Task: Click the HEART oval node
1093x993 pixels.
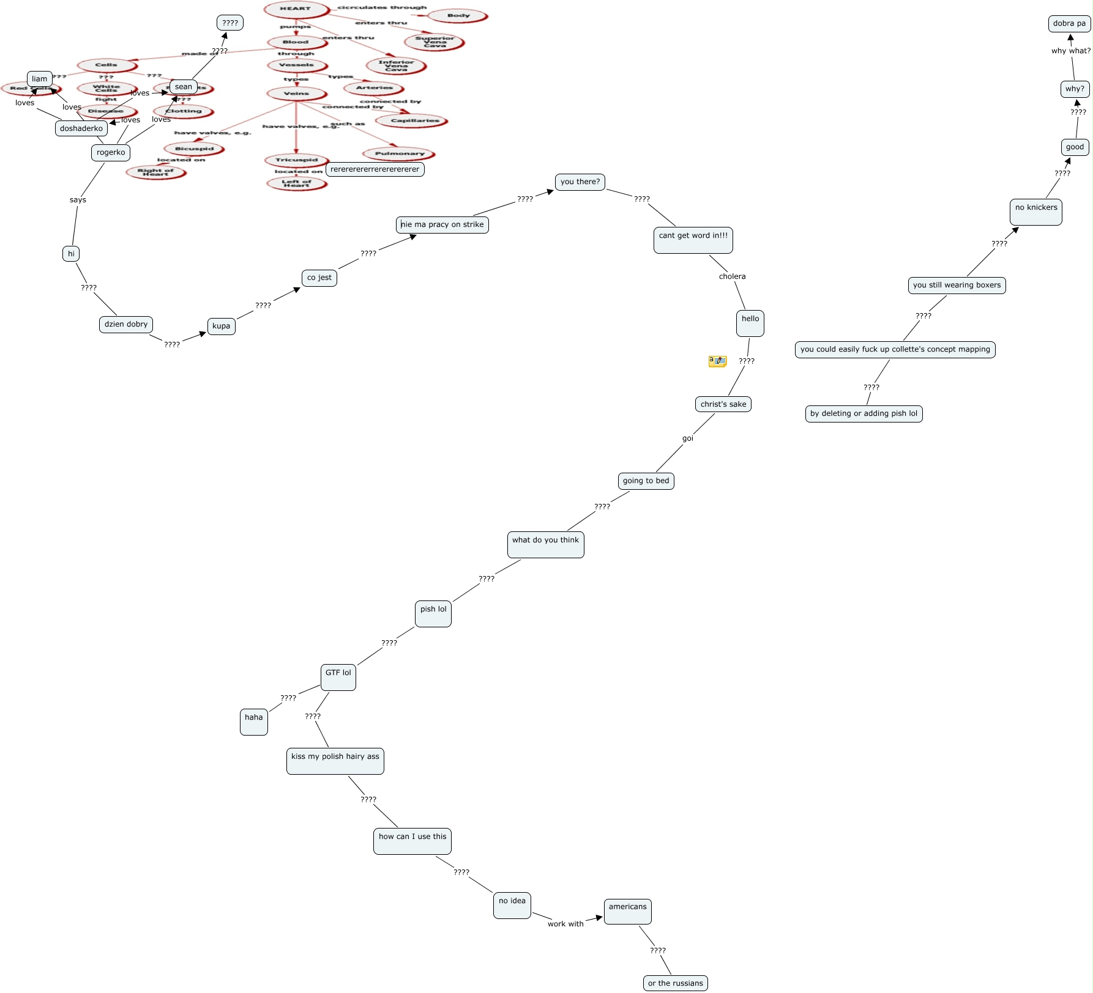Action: pos(296,9)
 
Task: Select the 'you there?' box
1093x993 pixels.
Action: pos(580,182)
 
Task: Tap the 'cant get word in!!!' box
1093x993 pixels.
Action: pos(693,240)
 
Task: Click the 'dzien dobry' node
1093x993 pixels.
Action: pos(126,324)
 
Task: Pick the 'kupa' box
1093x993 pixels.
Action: pos(222,326)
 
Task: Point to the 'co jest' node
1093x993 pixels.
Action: pos(319,278)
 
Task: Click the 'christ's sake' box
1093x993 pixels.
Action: pos(723,404)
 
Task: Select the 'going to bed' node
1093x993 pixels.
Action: pos(646,481)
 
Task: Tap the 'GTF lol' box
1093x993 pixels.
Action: pos(338,677)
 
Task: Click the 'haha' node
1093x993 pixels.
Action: pos(254,722)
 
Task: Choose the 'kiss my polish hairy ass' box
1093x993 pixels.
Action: pos(335,761)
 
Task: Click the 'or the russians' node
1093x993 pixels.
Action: pos(676,983)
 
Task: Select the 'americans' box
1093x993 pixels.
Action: pos(628,911)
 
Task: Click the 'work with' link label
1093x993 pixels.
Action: pos(565,924)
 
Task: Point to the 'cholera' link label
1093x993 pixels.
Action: pos(732,276)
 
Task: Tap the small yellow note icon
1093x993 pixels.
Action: pos(717,361)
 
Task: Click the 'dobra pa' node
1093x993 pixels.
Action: pos(1069,24)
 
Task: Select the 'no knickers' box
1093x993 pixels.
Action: pos(1036,212)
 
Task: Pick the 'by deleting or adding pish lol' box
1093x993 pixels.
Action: pos(864,413)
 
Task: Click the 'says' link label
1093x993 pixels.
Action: pos(78,200)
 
